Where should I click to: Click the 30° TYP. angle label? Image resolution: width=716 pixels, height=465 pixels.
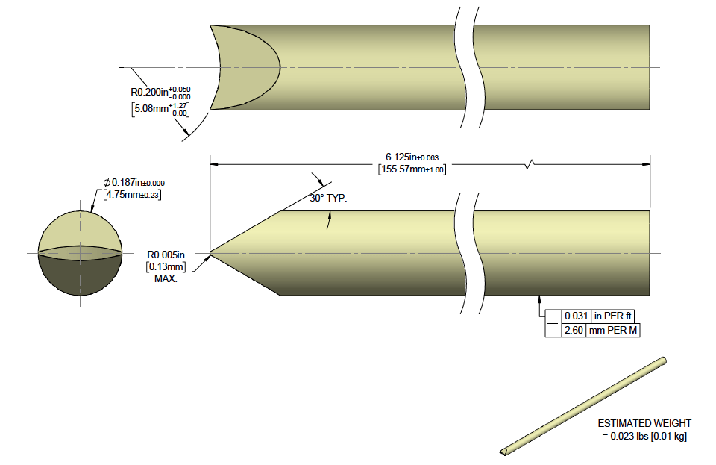[329, 199]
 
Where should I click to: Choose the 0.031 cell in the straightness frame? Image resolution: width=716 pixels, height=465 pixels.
[573, 316]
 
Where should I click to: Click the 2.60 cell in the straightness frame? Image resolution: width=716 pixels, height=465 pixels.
[573, 329]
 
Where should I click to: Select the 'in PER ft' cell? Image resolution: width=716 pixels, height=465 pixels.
[612, 316]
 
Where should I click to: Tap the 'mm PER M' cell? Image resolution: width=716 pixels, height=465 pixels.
[612, 329]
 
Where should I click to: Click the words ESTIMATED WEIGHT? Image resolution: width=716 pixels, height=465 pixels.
[644, 423]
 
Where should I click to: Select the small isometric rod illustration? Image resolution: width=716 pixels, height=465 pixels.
[583, 406]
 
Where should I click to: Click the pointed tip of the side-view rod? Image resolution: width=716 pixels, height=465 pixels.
[212, 253]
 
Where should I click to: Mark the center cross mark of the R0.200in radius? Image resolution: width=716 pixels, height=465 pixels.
[131, 68]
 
